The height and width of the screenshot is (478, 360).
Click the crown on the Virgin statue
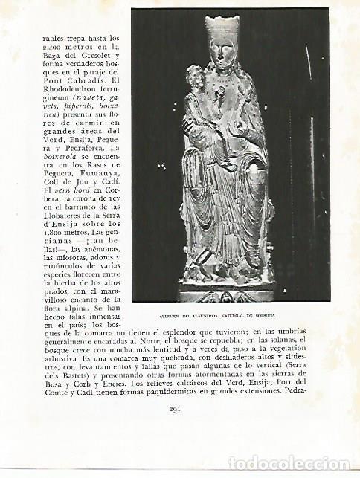pyautogui.click(x=222, y=29)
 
